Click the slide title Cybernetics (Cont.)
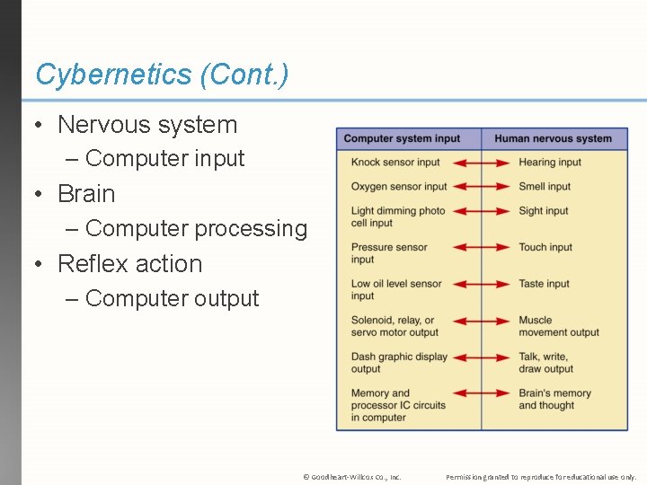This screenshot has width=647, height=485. click(x=162, y=75)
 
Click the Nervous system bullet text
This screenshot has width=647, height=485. click(x=147, y=125)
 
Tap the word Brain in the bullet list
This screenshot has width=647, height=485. click(x=86, y=193)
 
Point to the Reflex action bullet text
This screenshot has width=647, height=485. click(x=130, y=263)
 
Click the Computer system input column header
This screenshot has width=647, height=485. click(x=402, y=138)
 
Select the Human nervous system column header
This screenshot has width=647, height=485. click(x=553, y=138)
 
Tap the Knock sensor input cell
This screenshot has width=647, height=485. click(x=395, y=163)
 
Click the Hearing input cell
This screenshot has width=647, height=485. click(x=550, y=163)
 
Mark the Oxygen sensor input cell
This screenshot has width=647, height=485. click(x=399, y=187)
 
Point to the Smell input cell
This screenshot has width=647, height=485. click(x=545, y=187)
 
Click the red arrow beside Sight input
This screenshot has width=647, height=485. click(x=481, y=212)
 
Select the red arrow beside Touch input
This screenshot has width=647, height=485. click(x=481, y=248)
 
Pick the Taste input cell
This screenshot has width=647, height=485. click(x=544, y=284)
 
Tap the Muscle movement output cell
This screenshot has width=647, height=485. click(x=558, y=326)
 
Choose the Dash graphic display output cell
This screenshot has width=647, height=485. click(x=399, y=362)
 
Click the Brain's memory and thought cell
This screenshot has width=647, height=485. click(x=554, y=399)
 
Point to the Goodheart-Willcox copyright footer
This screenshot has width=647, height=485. click(x=352, y=477)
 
